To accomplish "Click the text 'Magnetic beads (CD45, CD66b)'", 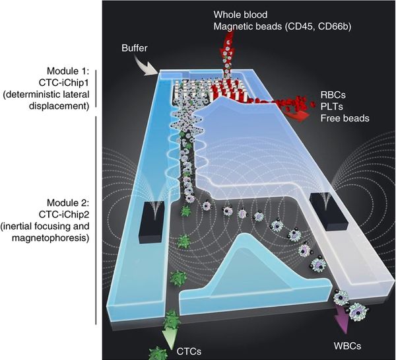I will pos(278,26).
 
